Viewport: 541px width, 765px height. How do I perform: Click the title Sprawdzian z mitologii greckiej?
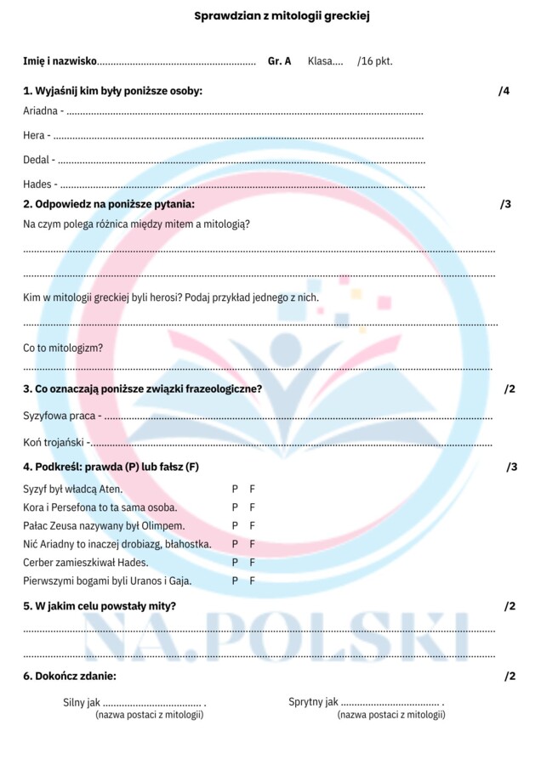click(x=270, y=15)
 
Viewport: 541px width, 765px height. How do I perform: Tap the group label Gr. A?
click(x=279, y=61)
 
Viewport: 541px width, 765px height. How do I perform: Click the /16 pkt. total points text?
click(x=375, y=61)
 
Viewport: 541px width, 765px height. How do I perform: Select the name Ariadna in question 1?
click(x=40, y=111)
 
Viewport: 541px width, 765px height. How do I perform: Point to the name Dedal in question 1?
click(x=37, y=159)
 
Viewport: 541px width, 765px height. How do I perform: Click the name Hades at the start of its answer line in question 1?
click(x=37, y=184)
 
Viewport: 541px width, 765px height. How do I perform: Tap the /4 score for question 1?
click(x=504, y=91)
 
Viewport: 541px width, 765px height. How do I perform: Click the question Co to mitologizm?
click(x=63, y=348)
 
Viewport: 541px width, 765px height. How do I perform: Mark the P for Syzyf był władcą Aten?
click(x=235, y=489)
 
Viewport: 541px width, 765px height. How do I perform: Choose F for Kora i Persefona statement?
click(x=252, y=507)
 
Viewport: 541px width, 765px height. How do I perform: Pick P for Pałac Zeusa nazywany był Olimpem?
click(x=235, y=525)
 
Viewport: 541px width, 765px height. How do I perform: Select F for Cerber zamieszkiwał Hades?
click(x=252, y=562)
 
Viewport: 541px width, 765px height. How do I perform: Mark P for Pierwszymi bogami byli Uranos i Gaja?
click(x=235, y=581)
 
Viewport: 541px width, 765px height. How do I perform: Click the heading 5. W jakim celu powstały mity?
click(x=100, y=606)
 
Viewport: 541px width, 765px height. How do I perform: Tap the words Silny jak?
click(x=82, y=702)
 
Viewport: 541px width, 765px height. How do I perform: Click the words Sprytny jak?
click(x=313, y=702)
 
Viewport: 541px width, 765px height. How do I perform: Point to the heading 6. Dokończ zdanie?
click(x=70, y=676)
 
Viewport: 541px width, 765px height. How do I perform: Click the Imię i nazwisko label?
click(x=60, y=61)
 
